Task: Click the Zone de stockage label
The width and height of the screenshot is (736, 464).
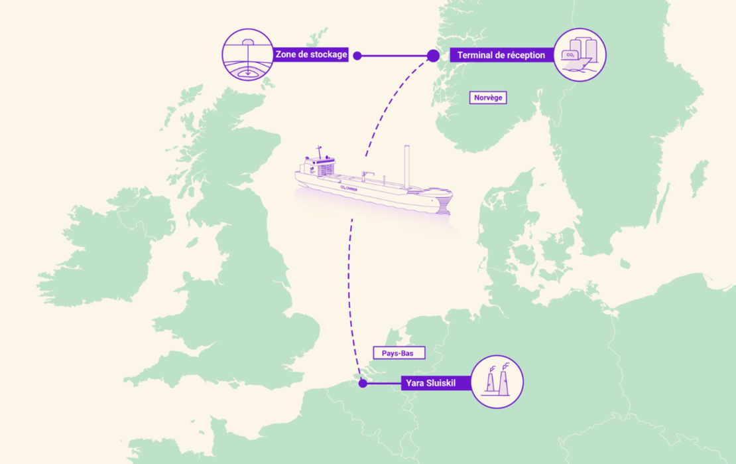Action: click(x=311, y=54)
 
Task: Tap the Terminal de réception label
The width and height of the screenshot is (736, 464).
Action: click(x=501, y=55)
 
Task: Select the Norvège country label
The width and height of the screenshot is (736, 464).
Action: click(x=489, y=98)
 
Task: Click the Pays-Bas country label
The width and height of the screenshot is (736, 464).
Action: click(x=398, y=353)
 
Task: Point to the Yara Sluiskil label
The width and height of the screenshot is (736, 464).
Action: click(x=430, y=383)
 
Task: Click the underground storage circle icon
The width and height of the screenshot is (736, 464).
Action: click(x=248, y=55)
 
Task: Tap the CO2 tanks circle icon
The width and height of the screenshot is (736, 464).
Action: click(x=580, y=55)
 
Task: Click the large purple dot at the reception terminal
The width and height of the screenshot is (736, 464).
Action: click(x=433, y=56)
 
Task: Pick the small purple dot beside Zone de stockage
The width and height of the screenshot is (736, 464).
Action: click(x=357, y=56)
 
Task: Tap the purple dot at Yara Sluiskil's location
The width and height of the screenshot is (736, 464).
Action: click(x=363, y=383)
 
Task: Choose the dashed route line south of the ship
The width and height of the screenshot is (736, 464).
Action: click(x=349, y=292)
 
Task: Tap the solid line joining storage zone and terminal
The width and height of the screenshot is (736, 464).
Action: click(x=394, y=56)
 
